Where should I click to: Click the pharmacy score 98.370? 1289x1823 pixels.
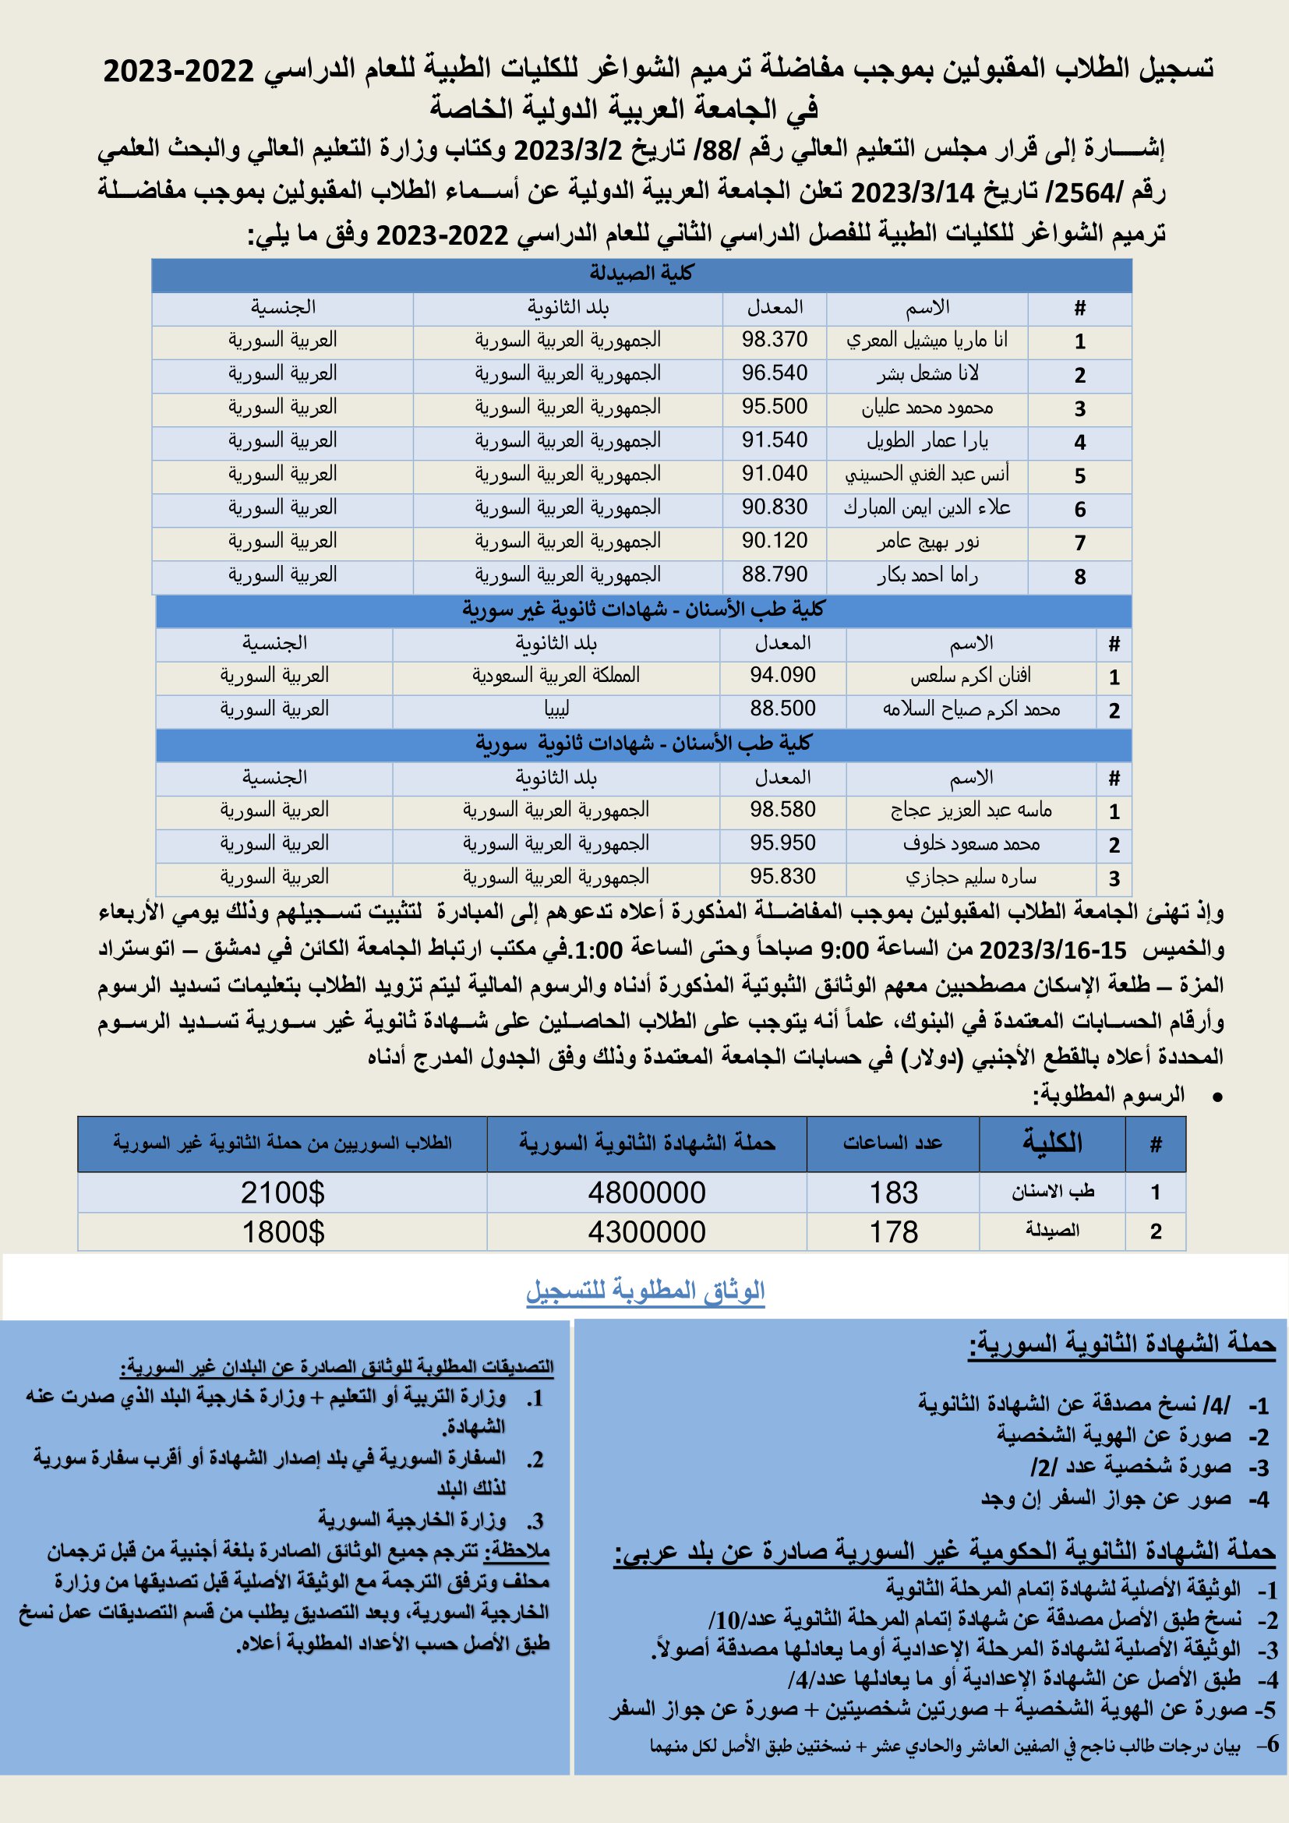point(774,340)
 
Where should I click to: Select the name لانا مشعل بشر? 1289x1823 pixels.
point(927,373)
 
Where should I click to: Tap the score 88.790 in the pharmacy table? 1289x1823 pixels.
point(774,574)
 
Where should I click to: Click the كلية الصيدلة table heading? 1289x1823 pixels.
point(641,274)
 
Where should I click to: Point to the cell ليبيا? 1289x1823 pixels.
point(556,708)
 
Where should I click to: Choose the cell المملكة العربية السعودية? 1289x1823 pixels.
point(556,676)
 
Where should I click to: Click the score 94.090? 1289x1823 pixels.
point(782,676)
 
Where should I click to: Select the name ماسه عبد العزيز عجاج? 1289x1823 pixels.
point(971,810)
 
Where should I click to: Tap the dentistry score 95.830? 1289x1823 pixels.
point(782,877)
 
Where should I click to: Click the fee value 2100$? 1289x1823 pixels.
point(283,1192)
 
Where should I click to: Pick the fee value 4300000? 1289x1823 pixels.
point(646,1232)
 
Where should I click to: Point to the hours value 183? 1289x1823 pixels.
point(893,1192)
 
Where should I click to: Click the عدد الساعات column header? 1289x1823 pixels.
point(893,1143)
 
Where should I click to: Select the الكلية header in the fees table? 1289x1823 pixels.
point(1051,1143)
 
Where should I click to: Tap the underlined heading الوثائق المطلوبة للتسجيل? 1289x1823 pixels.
point(644,1290)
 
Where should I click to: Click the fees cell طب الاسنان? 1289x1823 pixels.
point(1051,1192)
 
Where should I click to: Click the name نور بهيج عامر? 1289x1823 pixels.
point(927,542)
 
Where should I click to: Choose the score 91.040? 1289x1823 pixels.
point(774,474)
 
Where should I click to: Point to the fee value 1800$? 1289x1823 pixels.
point(283,1232)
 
